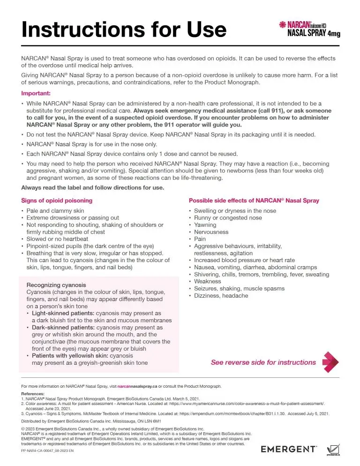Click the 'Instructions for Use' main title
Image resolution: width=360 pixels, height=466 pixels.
(124, 29)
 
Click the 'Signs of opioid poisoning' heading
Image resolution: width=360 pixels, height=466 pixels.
(57, 200)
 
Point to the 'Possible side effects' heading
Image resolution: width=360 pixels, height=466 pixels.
(254, 200)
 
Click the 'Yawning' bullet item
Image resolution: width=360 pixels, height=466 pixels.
(205, 225)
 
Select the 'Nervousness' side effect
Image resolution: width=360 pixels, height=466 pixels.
(211, 232)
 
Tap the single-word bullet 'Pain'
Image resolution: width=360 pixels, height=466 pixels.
(200, 239)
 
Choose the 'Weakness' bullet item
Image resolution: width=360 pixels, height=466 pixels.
(208, 281)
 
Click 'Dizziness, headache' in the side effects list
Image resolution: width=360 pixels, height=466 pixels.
(221, 296)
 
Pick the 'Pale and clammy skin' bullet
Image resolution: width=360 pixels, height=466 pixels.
(55, 210)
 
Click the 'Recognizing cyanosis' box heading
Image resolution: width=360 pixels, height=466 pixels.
(56, 285)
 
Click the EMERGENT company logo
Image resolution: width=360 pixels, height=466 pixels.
(289, 449)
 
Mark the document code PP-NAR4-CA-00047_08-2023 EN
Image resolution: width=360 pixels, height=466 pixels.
(47, 451)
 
